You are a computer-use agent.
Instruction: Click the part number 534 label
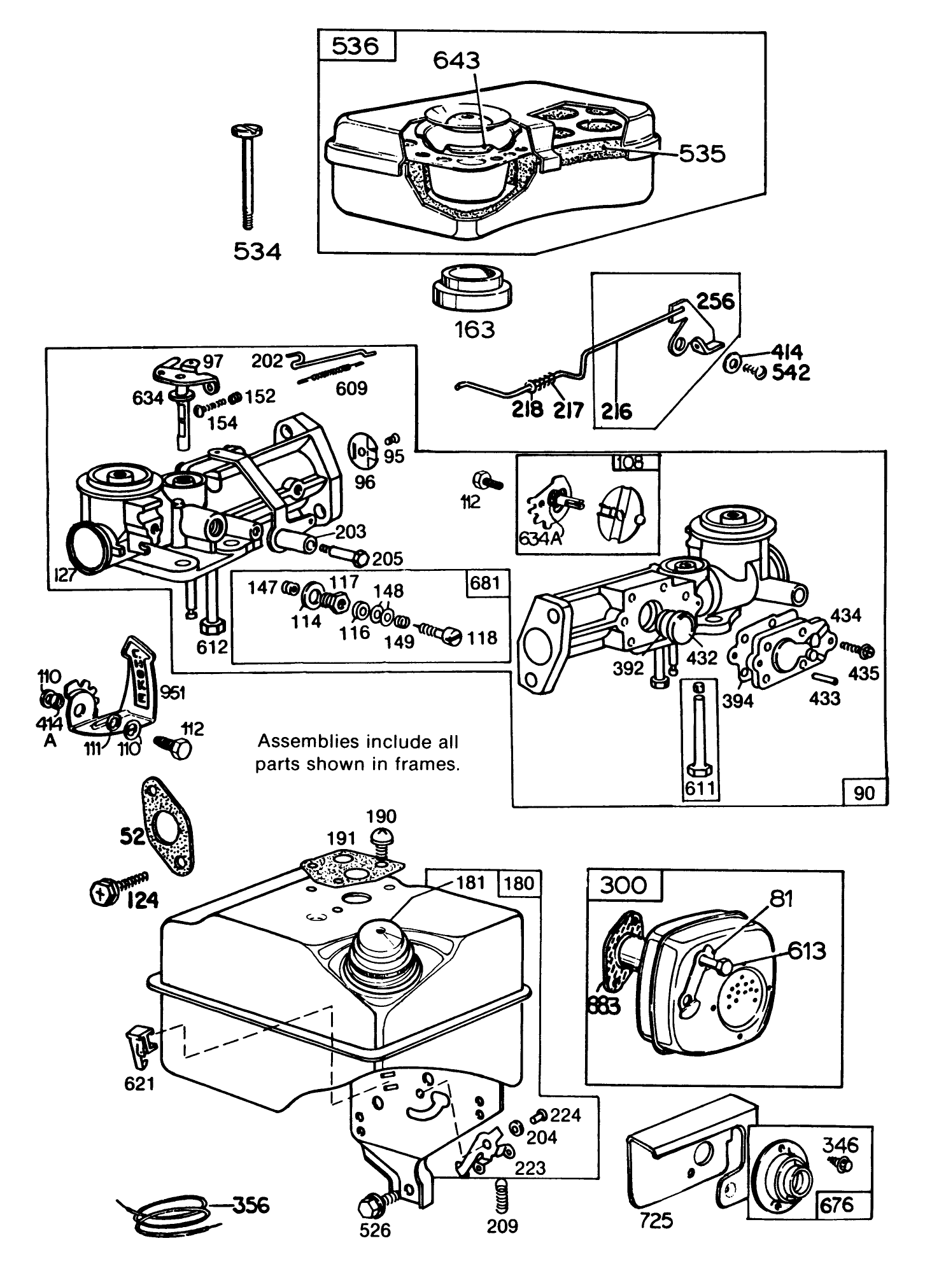coord(257,252)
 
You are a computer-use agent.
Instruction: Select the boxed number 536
coord(356,46)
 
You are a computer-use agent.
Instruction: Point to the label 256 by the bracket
coord(715,300)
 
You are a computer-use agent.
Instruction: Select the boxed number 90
coord(865,792)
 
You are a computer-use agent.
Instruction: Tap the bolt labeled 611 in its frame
coord(700,732)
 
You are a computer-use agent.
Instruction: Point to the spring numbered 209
coord(502,1193)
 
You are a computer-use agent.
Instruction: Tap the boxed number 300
coord(623,885)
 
